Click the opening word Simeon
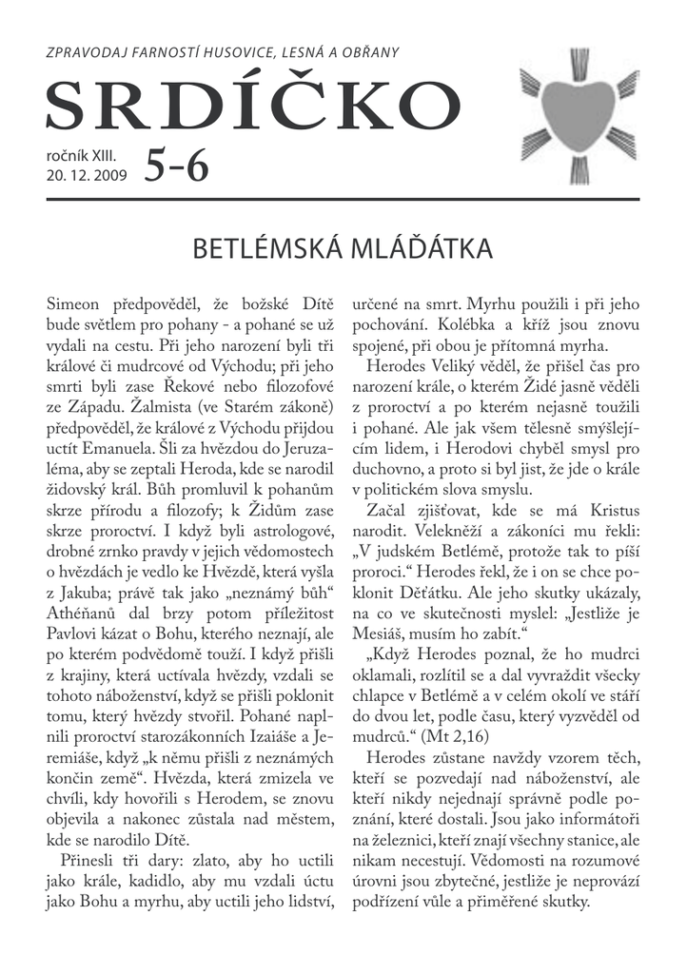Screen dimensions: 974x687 tap(78, 304)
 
